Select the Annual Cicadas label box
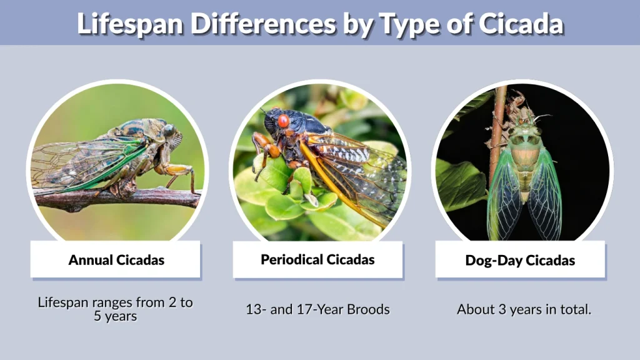[116, 259]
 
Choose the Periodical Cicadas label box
[317, 259]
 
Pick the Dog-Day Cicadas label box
[520, 259]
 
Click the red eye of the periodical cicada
[283, 121]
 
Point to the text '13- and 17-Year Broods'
[317, 309]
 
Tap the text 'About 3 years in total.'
[524, 309]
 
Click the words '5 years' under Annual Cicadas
[116, 316]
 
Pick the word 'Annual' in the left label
[91, 259]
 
